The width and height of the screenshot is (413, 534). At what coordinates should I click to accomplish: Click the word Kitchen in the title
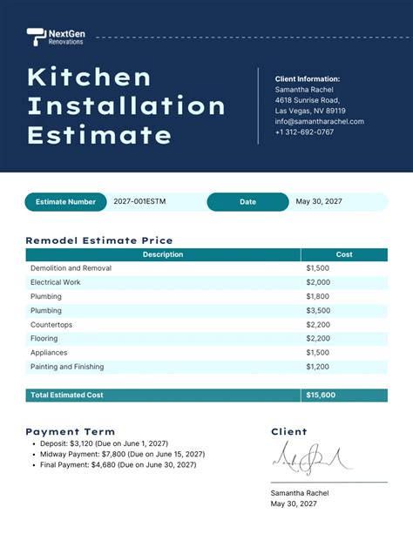tap(90, 78)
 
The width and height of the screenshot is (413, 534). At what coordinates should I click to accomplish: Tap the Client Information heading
tap(308, 78)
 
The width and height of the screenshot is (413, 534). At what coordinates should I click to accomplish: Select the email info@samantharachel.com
tap(319, 121)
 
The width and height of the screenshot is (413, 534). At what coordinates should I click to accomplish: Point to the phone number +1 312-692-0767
tap(304, 132)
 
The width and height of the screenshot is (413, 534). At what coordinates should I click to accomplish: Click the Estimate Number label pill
tap(65, 202)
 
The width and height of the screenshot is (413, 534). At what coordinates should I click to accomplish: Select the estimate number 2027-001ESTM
tap(139, 202)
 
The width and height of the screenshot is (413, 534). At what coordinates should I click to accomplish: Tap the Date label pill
tap(247, 202)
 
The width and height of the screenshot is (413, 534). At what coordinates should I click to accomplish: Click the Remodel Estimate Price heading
tap(99, 240)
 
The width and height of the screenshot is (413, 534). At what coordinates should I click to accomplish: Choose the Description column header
tap(163, 254)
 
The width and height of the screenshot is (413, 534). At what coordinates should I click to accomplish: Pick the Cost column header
tap(344, 254)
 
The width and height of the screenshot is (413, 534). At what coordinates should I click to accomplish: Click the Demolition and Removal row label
tap(71, 268)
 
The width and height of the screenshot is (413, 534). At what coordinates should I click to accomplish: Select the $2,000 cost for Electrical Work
tap(318, 282)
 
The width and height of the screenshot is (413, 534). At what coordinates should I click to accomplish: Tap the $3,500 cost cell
tap(318, 310)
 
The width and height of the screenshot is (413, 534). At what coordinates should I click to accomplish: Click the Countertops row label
tap(53, 324)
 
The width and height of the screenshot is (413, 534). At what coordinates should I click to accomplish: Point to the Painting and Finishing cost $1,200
tap(318, 367)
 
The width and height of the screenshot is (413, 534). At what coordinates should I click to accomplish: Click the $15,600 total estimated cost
tap(320, 395)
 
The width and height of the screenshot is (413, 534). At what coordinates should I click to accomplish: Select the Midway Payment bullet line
tap(123, 454)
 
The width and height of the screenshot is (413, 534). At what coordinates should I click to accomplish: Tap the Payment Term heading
tap(70, 431)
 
